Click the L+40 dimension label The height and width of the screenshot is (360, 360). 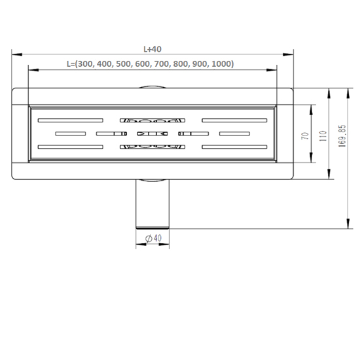click(x=153, y=49)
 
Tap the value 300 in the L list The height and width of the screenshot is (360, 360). click(x=85, y=63)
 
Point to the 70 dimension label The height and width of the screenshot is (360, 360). click(x=306, y=136)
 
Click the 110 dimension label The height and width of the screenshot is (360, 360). click(x=323, y=135)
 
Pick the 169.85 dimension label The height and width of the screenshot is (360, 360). click(x=342, y=135)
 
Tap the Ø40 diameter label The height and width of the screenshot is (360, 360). click(x=154, y=238)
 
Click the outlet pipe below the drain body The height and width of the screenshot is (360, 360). click(x=153, y=204)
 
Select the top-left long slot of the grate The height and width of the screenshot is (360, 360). click(x=71, y=120)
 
